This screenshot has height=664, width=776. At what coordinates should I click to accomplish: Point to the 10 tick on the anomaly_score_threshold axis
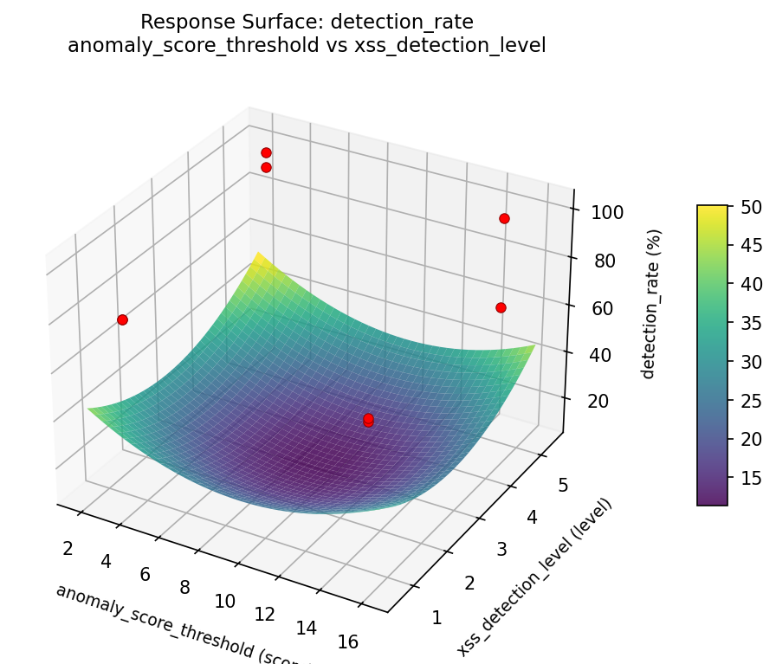[225, 600]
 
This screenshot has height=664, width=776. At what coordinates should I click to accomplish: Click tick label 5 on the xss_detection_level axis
[563, 486]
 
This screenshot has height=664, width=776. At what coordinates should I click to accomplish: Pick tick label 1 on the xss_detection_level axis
[436, 617]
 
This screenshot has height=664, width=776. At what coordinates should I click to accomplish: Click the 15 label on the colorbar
[752, 478]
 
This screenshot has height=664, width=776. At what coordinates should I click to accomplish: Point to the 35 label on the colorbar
[752, 323]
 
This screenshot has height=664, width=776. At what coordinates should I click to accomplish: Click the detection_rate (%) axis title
[655, 303]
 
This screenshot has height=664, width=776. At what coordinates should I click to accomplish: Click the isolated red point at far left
[122, 319]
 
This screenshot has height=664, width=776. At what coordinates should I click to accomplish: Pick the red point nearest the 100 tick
[504, 218]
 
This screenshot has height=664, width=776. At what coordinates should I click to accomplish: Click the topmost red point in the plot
[266, 152]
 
